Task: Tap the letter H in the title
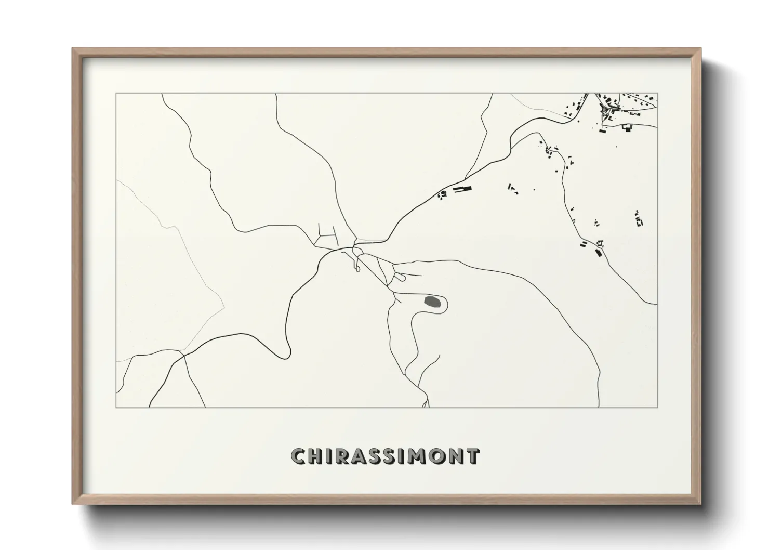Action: (316, 456)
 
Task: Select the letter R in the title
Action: (342, 456)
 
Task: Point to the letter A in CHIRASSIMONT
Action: (360, 456)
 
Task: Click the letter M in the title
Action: (417, 456)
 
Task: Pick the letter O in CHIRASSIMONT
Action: (437, 456)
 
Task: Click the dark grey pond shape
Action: (432, 301)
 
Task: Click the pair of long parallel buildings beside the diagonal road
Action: (462, 190)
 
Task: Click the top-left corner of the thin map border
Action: (116, 94)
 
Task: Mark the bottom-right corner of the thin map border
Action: (658, 407)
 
